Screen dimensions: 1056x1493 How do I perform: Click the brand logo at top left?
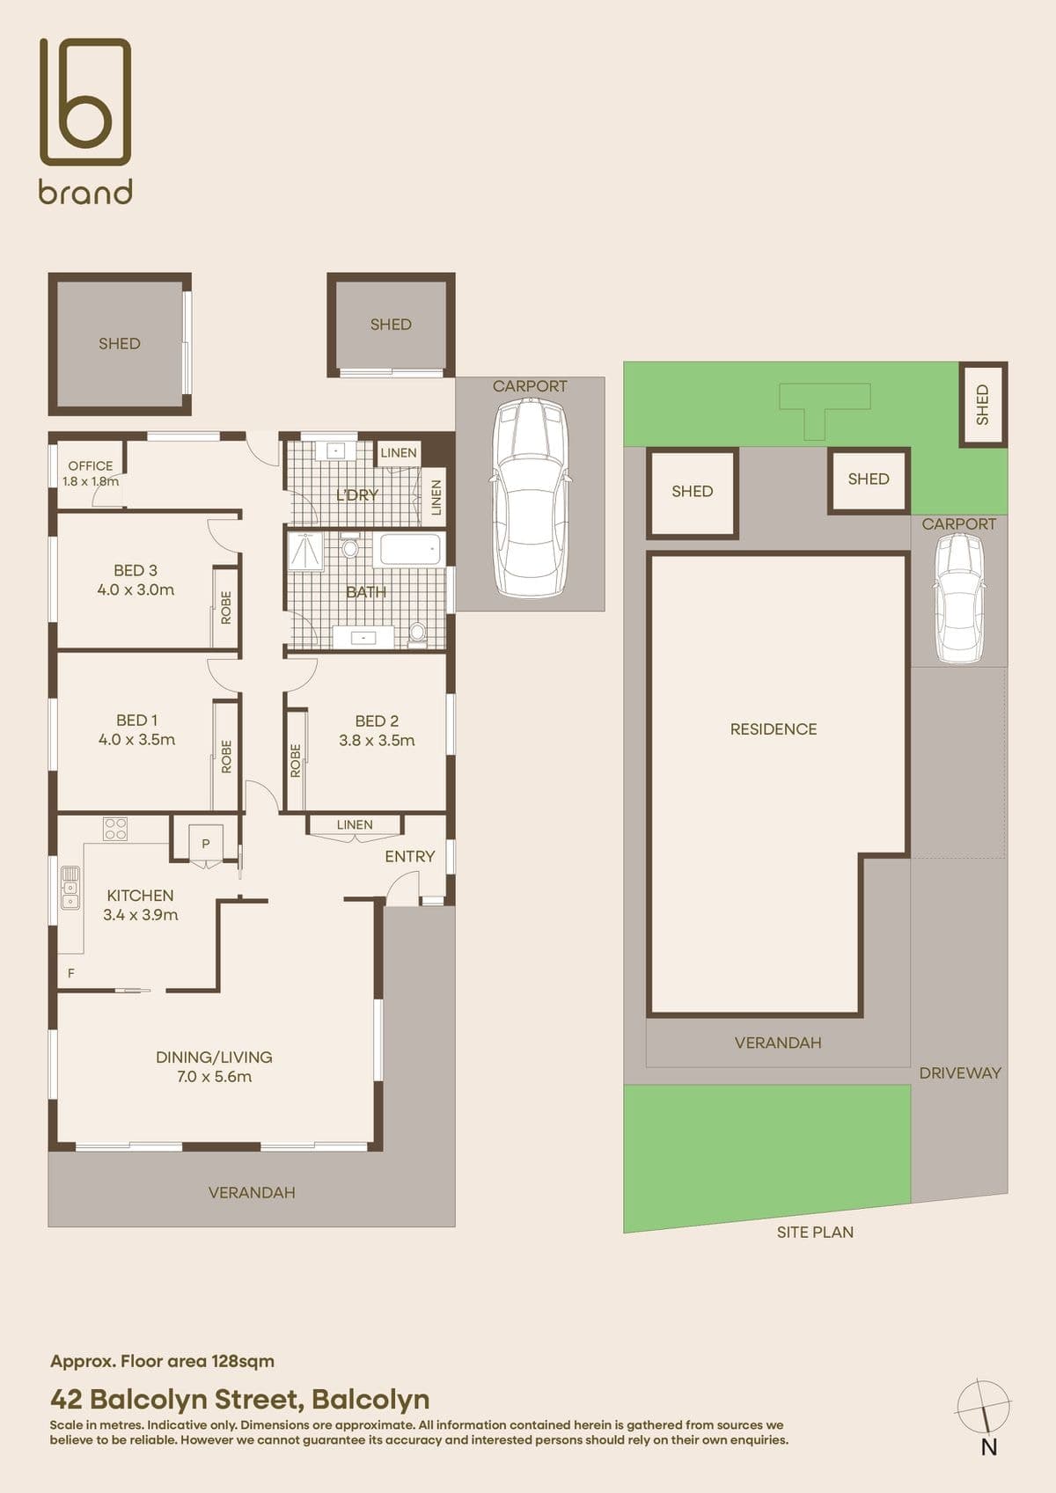click(85, 120)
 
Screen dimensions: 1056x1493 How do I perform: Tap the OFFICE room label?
click(90, 466)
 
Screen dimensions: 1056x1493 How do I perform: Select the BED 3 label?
click(136, 570)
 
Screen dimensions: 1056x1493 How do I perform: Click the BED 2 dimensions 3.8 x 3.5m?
click(377, 740)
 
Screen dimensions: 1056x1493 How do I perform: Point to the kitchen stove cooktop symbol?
click(114, 829)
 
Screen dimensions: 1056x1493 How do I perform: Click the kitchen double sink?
click(70, 887)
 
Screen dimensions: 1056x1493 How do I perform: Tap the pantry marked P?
click(205, 845)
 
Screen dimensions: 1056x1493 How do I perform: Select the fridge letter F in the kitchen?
click(70, 974)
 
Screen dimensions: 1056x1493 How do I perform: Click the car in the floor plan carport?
click(530, 497)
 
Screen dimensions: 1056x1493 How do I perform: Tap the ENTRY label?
click(409, 857)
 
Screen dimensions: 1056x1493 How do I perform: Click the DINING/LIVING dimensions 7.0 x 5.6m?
click(214, 1077)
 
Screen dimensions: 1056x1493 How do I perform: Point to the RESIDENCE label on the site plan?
click(774, 729)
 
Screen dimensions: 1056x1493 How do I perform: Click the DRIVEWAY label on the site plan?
click(960, 1072)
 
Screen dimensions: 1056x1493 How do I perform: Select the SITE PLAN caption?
click(815, 1232)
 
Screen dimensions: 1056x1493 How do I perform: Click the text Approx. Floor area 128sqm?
click(162, 1361)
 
